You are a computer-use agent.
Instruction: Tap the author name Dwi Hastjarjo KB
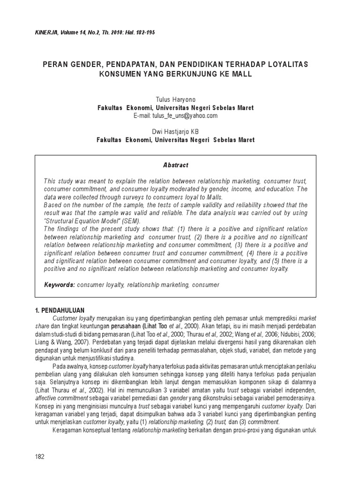click(175, 133)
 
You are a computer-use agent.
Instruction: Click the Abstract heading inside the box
click(175, 165)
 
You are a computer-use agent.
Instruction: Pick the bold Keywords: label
click(60, 285)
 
